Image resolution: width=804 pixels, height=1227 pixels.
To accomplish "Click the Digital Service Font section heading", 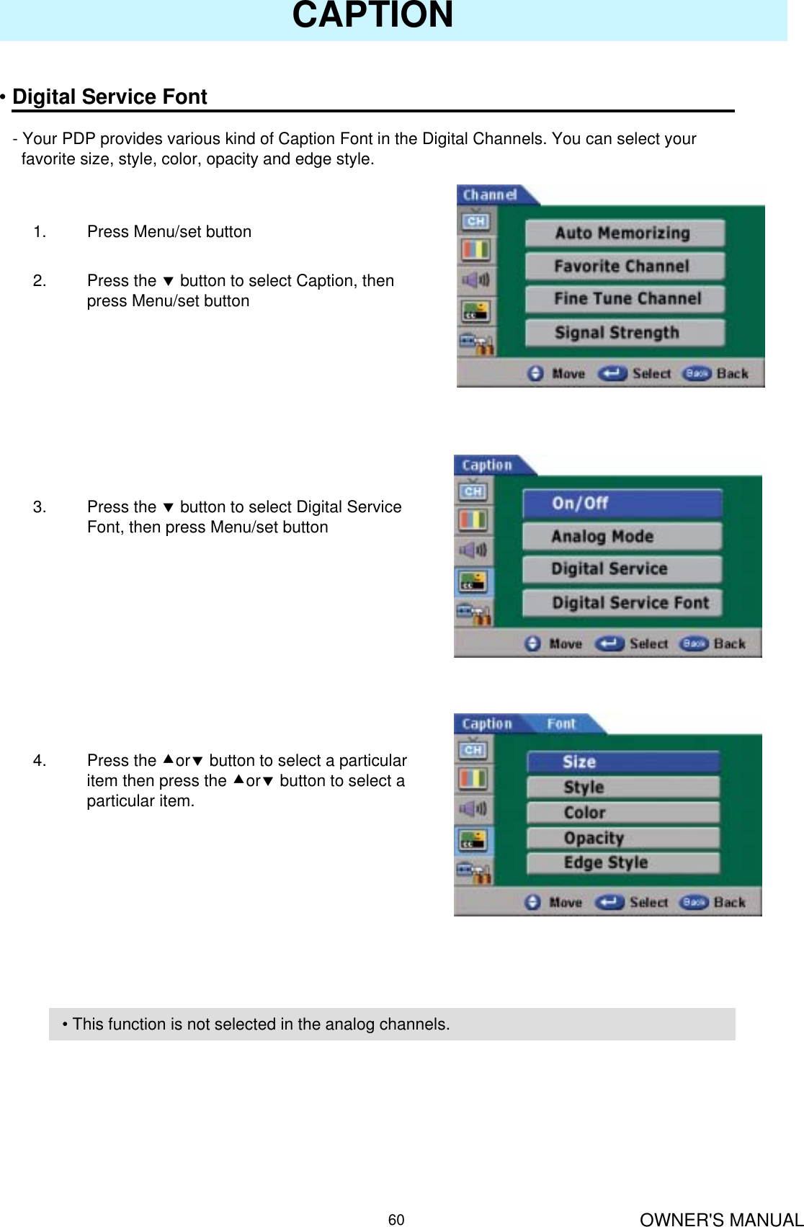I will [x=110, y=97].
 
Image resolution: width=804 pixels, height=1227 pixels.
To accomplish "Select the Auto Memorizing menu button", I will [x=624, y=233].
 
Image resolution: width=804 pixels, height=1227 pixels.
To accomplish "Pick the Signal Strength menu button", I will [x=624, y=332].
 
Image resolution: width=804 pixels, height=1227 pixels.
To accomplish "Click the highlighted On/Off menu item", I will [x=621, y=503].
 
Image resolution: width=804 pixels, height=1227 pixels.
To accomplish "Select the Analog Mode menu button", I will [x=621, y=536].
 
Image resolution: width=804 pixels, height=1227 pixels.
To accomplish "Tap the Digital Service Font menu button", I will [x=621, y=602].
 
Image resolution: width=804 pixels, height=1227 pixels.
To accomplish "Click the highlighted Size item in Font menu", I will [x=622, y=762].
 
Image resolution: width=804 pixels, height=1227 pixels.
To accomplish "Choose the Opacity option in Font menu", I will [x=622, y=838].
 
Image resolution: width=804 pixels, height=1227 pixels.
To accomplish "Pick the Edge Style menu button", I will [x=622, y=863].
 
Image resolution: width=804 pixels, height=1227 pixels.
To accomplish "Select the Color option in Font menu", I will [x=622, y=813].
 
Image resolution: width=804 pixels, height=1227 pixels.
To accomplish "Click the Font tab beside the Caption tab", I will [x=561, y=724].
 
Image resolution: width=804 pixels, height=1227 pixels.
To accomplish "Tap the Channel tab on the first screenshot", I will [x=491, y=195].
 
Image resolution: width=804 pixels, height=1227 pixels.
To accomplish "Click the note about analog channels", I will [x=256, y=1024].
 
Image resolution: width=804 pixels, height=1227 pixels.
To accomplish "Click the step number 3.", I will [x=39, y=507].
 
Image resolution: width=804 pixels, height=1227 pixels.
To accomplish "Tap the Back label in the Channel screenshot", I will [x=732, y=373].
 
